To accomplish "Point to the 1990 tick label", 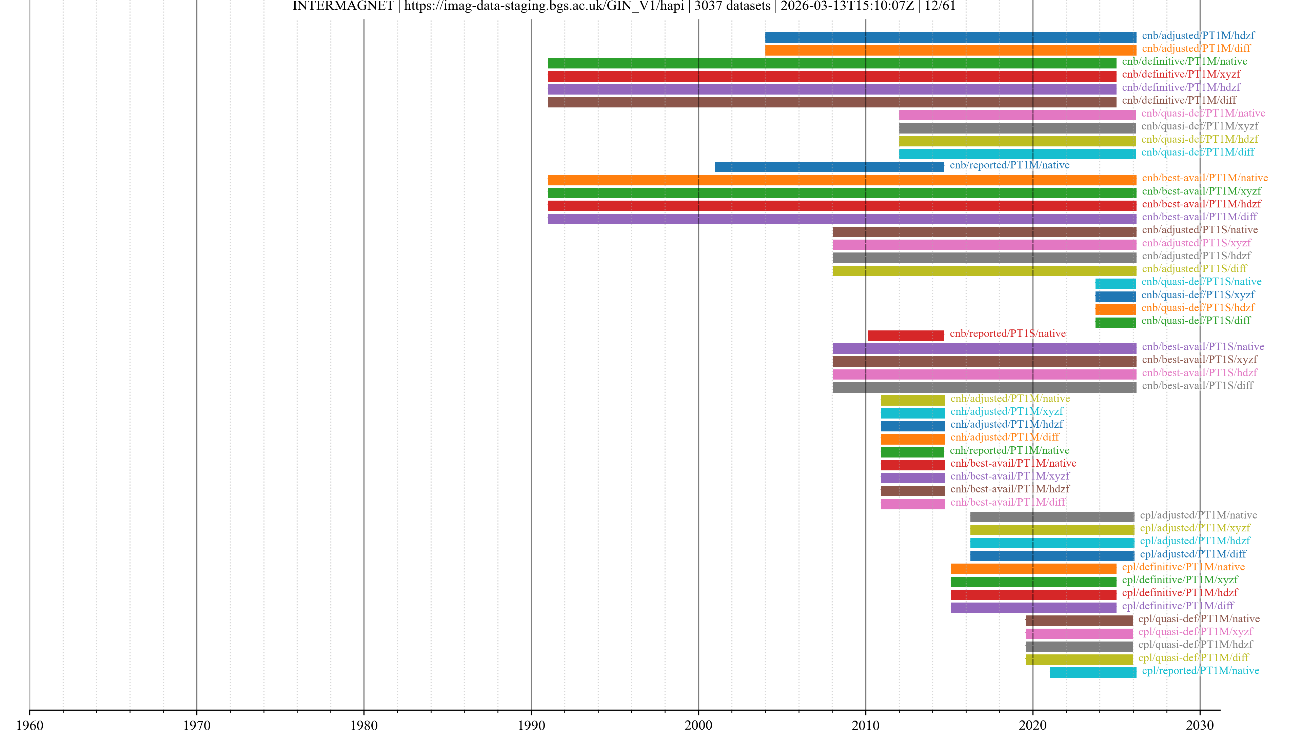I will [531, 725].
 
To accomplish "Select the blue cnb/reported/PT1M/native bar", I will [829, 167].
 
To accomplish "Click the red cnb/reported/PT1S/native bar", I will [906, 335].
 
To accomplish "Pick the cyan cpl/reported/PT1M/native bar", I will [1093, 672].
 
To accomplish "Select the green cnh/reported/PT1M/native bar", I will [912, 452].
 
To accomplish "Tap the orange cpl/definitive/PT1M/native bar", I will [1033, 569].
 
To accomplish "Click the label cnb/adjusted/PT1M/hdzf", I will [1198, 35].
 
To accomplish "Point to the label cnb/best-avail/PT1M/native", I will [1204, 178].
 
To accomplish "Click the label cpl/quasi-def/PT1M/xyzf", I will [1195, 631].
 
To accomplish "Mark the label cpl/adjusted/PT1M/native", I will [1198, 515].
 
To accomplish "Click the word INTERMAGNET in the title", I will [343, 6].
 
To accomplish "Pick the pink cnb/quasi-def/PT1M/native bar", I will [1017, 115].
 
